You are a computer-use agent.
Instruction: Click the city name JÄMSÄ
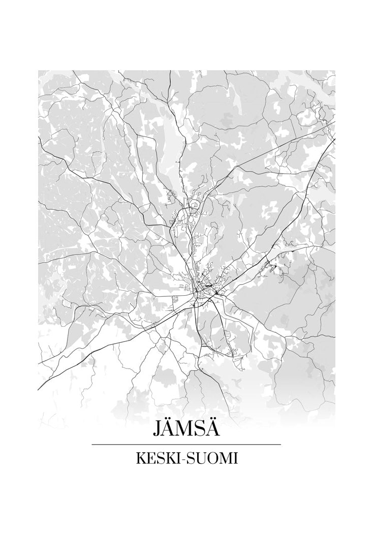(186, 429)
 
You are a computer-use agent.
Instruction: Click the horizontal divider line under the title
(186, 444)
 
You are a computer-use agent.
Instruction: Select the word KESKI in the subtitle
(155, 459)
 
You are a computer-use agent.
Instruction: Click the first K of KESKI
(139, 459)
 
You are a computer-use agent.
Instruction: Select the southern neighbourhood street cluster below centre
(224, 346)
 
